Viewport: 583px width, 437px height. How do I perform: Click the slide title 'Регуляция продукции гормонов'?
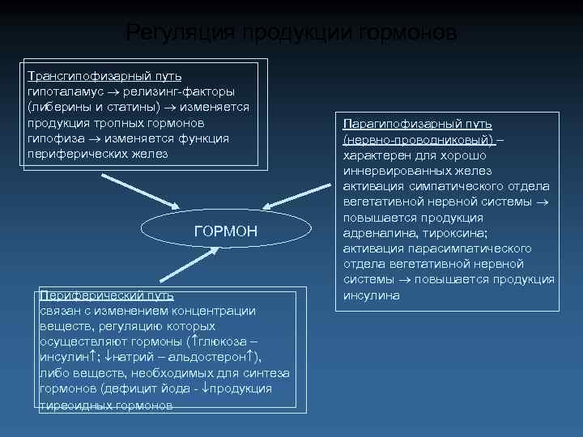pyautogui.click(x=291, y=33)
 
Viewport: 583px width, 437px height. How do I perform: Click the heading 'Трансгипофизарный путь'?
pyautogui.click(x=104, y=76)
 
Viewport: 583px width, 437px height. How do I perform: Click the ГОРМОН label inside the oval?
pyautogui.click(x=226, y=231)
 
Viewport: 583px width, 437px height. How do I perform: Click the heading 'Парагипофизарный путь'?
pyautogui.click(x=417, y=124)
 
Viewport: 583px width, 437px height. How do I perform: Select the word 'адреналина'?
pyautogui.click(x=376, y=233)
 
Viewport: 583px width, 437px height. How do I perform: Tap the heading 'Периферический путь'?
pyautogui.click(x=100, y=295)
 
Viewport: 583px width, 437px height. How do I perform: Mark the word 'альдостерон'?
pyautogui.click(x=214, y=358)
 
